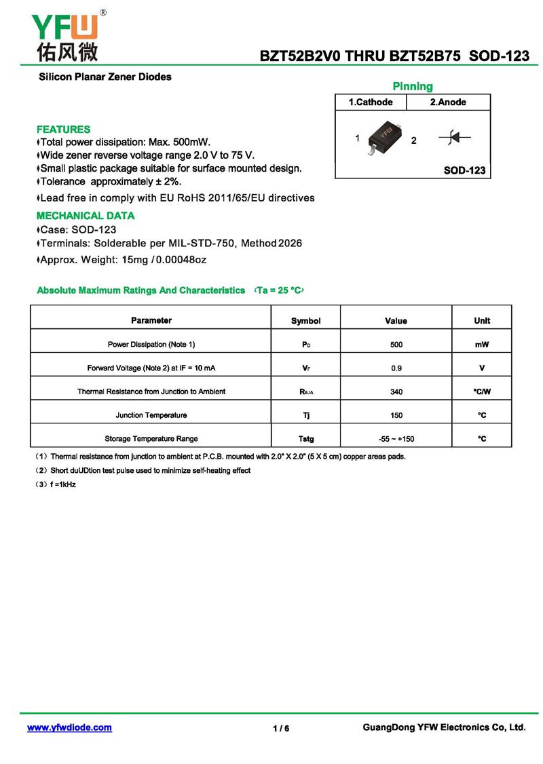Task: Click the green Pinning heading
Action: tap(413, 86)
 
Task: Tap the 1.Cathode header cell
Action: tap(371, 102)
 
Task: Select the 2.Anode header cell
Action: tap(448, 102)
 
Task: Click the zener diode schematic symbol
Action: tap(455, 138)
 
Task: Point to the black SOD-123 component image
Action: tap(384, 136)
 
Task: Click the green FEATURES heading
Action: tap(63, 129)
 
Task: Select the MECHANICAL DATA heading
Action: tap(86, 216)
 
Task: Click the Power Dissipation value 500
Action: tap(396, 345)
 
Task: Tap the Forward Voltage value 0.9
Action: tap(396, 368)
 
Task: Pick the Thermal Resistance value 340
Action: tap(396, 391)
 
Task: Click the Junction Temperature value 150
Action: tap(396, 415)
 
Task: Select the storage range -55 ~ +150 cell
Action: tap(396, 439)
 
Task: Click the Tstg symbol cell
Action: tap(306, 439)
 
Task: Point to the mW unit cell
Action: tap(482, 345)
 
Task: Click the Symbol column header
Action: tap(306, 321)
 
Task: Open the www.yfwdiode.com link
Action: tap(69, 727)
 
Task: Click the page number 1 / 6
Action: tap(281, 729)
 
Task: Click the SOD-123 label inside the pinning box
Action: tap(464, 170)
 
